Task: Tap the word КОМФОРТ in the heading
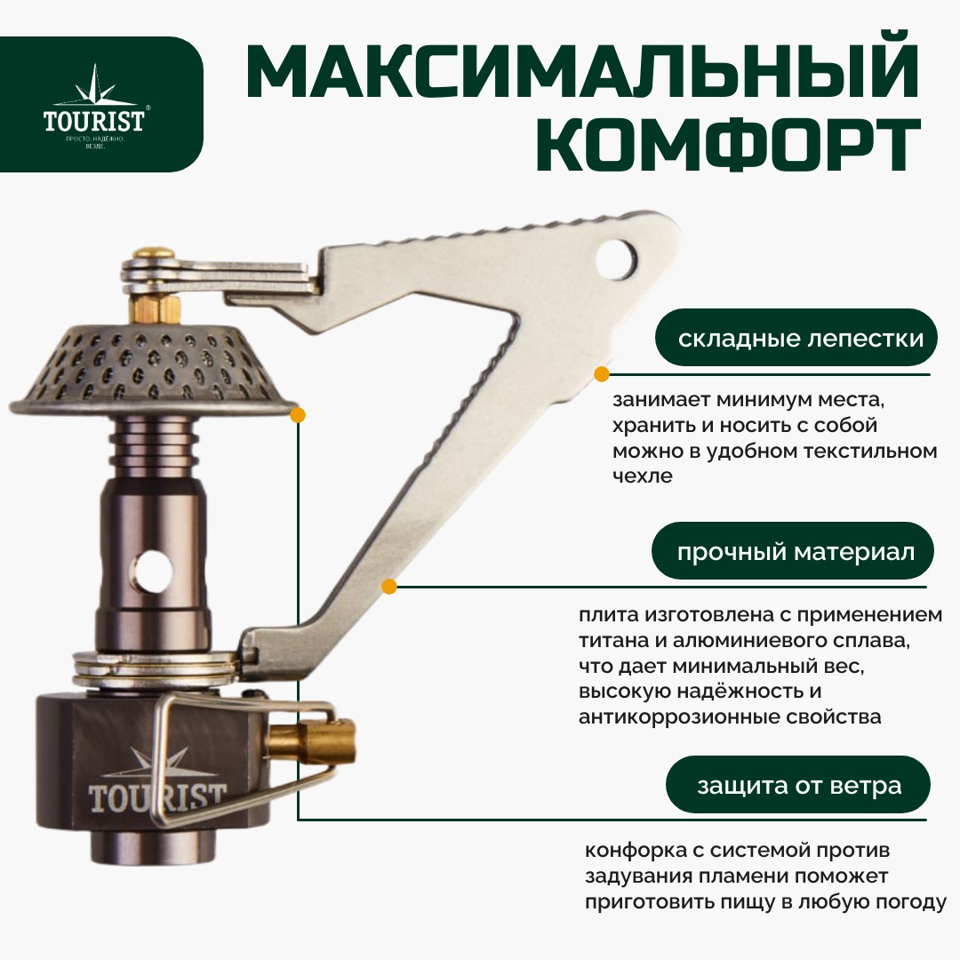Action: (x=729, y=146)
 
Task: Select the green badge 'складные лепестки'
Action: (x=796, y=338)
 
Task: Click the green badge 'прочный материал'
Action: (x=793, y=551)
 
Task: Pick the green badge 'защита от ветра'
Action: (x=798, y=785)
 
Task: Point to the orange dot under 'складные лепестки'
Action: (x=602, y=374)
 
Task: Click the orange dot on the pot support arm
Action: (x=389, y=587)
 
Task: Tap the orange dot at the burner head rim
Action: (x=298, y=415)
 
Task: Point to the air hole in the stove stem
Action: (x=153, y=572)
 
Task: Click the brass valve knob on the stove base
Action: (x=311, y=742)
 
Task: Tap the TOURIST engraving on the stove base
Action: (x=156, y=796)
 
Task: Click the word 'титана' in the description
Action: (x=613, y=640)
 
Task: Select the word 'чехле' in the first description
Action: (x=643, y=476)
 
